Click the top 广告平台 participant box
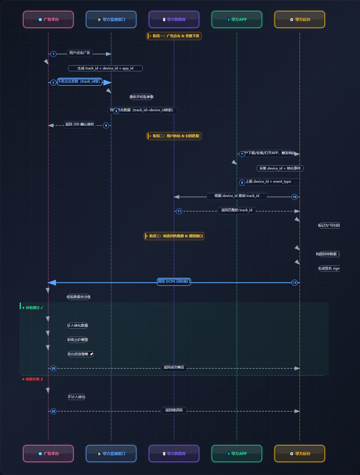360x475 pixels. (48, 19)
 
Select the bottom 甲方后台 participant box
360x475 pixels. (300, 454)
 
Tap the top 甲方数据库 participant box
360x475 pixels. (174, 19)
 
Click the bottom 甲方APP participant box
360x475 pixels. (237, 454)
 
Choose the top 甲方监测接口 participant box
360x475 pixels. (111, 19)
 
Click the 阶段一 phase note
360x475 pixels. (174, 36)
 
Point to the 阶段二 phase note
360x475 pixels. (174, 136)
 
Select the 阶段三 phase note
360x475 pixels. (174, 236)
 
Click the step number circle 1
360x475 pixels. (53, 54)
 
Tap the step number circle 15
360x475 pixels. (295, 283)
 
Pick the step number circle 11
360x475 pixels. (179, 211)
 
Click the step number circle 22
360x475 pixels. (53, 411)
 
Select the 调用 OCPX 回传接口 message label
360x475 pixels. (174, 282)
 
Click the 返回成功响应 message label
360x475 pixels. (174, 367)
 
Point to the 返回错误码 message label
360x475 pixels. (174, 410)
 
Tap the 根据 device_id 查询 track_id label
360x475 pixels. (237, 196)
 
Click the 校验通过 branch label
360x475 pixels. (33, 308)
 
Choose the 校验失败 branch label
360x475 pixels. (33, 379)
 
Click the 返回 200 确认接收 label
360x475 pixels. (80, 124)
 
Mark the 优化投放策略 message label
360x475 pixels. (80, 354)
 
